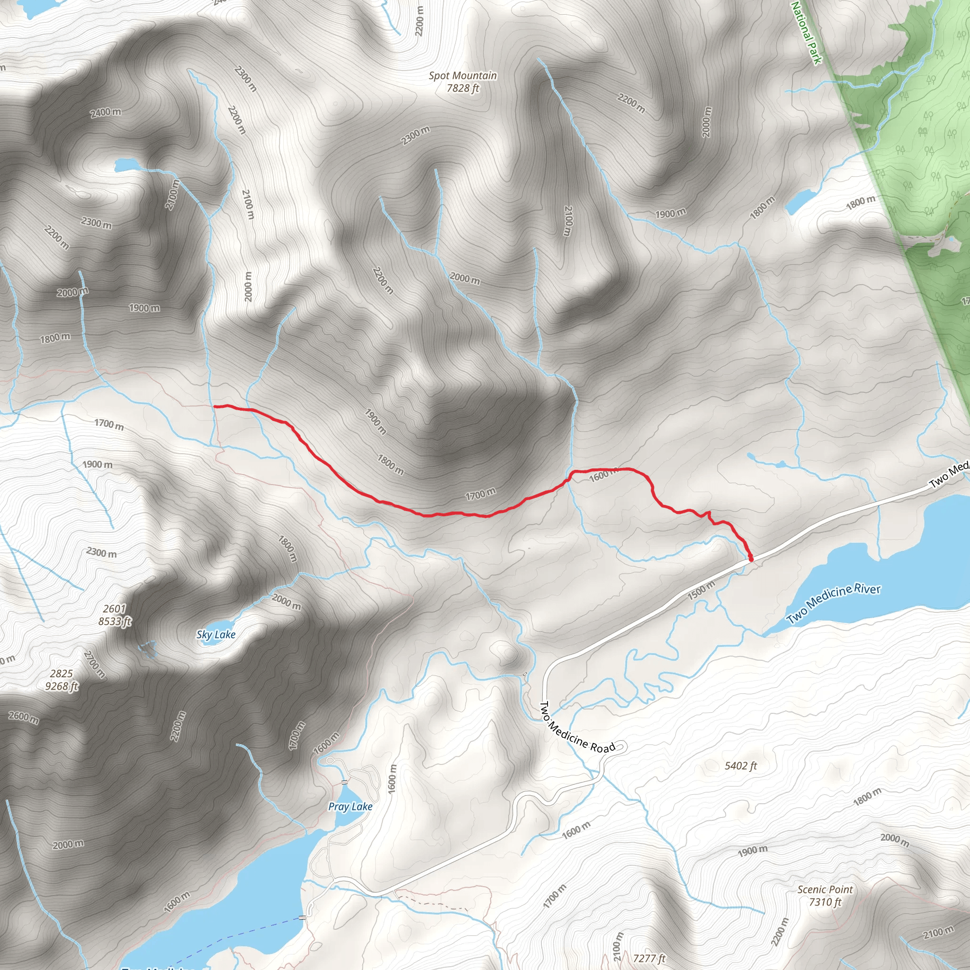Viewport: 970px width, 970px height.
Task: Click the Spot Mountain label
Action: tap(462, 76)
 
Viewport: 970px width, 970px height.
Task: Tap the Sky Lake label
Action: tap(216, 635)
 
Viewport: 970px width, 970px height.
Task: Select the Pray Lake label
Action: tap(350, 806)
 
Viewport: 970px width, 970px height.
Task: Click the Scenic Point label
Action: tap(825, 889)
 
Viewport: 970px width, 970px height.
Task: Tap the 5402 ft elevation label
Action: tap(741, 766)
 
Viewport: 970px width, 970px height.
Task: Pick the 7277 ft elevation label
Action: tap(649, 959)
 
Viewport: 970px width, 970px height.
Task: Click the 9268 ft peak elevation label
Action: tap(62, 686)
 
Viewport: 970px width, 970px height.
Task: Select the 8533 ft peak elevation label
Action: tap(115, 621)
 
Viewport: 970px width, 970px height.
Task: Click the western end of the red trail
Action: tap(216, 406)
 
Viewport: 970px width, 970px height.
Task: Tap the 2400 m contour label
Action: tap(106, 112)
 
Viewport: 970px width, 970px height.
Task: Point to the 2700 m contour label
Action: tap(94, 664)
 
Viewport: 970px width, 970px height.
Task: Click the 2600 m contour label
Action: tap(24, 717)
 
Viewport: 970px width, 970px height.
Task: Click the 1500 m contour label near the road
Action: tap(701, 590)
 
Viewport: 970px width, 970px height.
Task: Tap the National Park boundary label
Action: tap(806, 33)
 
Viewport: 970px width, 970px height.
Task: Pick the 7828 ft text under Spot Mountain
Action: tap(463, 89)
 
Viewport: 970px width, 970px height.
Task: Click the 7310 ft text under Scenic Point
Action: tap(825, 902)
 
